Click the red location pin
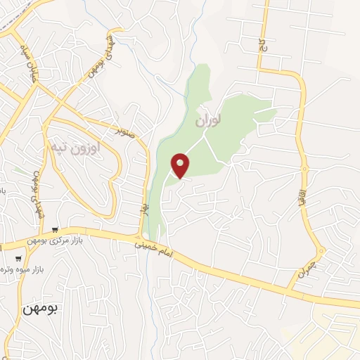[x=181, y=166]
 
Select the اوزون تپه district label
[x=76, y=148]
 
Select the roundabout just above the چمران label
[x=321, y=250]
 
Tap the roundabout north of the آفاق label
[x=305, y=168]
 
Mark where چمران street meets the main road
[x=289, y=287]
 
